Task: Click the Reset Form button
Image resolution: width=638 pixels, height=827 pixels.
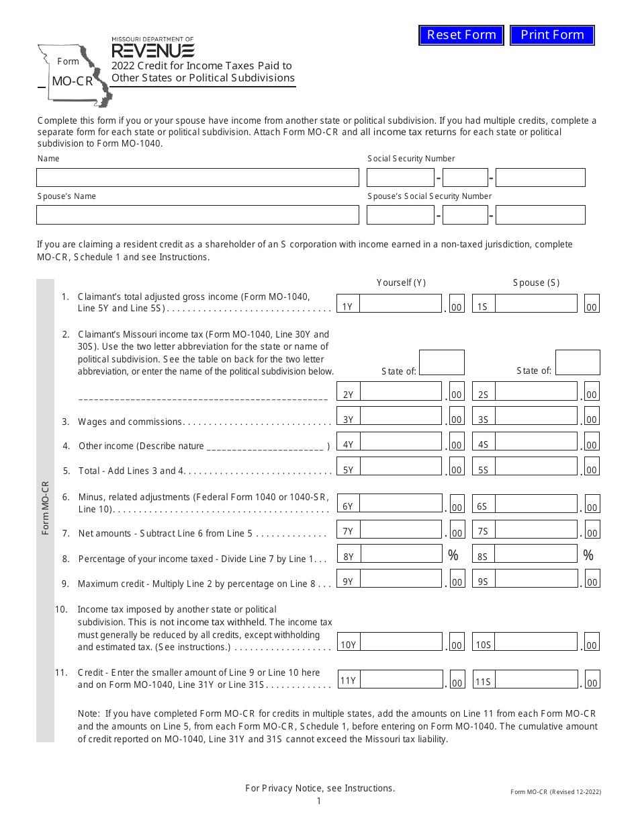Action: [x=461, y=35]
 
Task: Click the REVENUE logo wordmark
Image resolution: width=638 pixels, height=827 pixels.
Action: [x=153, y=51]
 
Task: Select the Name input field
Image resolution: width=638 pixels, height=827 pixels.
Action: [x=197, y=178]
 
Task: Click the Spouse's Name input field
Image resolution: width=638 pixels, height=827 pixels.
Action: [x=197, y=215]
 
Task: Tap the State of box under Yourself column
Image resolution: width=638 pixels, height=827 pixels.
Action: [x=441, y=362]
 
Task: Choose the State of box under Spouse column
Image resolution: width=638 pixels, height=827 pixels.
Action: [x=578, y=362]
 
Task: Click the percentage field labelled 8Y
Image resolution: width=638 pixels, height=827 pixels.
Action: [x=401, y=553]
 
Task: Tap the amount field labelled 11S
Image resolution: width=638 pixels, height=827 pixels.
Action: [x=535, y=680]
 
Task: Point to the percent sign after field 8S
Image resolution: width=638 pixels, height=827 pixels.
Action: [x=588, y=555]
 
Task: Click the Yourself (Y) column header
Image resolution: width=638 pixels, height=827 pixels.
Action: [x=401, y=282]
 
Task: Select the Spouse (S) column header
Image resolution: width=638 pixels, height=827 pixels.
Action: [x=536, y=282]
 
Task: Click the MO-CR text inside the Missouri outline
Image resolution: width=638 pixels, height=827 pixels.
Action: [x=72, y=83]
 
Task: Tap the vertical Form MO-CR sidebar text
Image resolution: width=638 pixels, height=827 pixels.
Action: [x=46, y=508]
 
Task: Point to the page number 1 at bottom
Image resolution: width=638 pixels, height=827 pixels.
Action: [x=319, y=801]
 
